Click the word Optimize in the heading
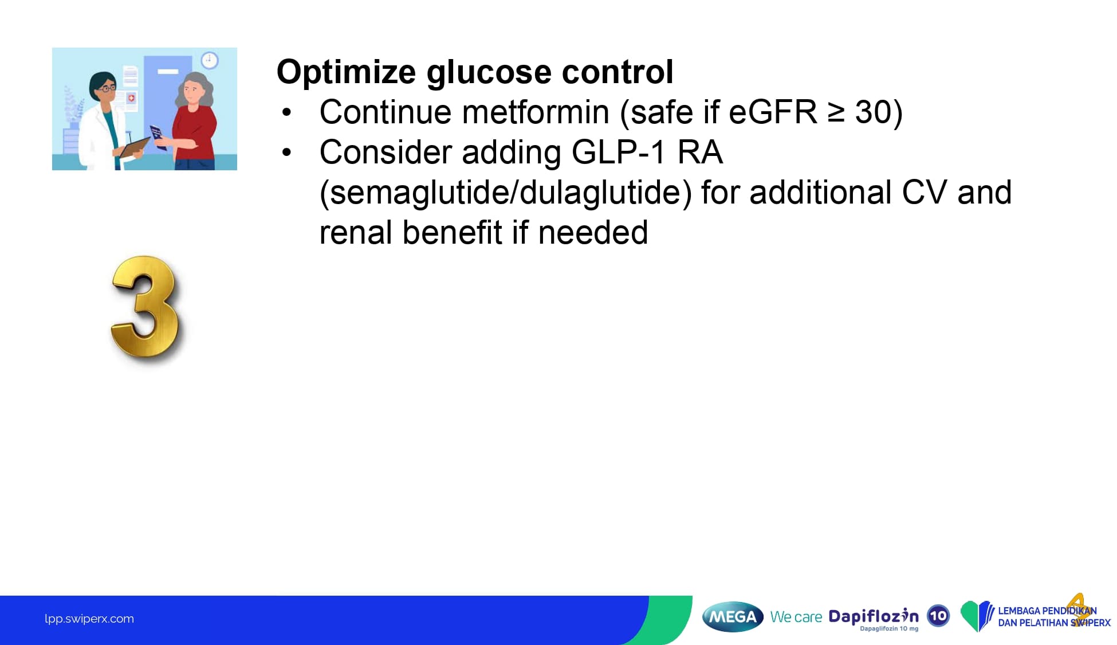coord(346,73)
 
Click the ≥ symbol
coord(836,113)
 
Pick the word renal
coord(355,233)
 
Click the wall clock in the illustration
coord(210,60)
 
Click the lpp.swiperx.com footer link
coord(89,619)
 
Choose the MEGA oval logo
coord(733,617)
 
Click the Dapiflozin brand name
coord(874,616)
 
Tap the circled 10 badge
coord(938,616)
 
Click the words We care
coord(796,617)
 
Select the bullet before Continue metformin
coord(287,113)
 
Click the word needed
coord(593,233)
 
